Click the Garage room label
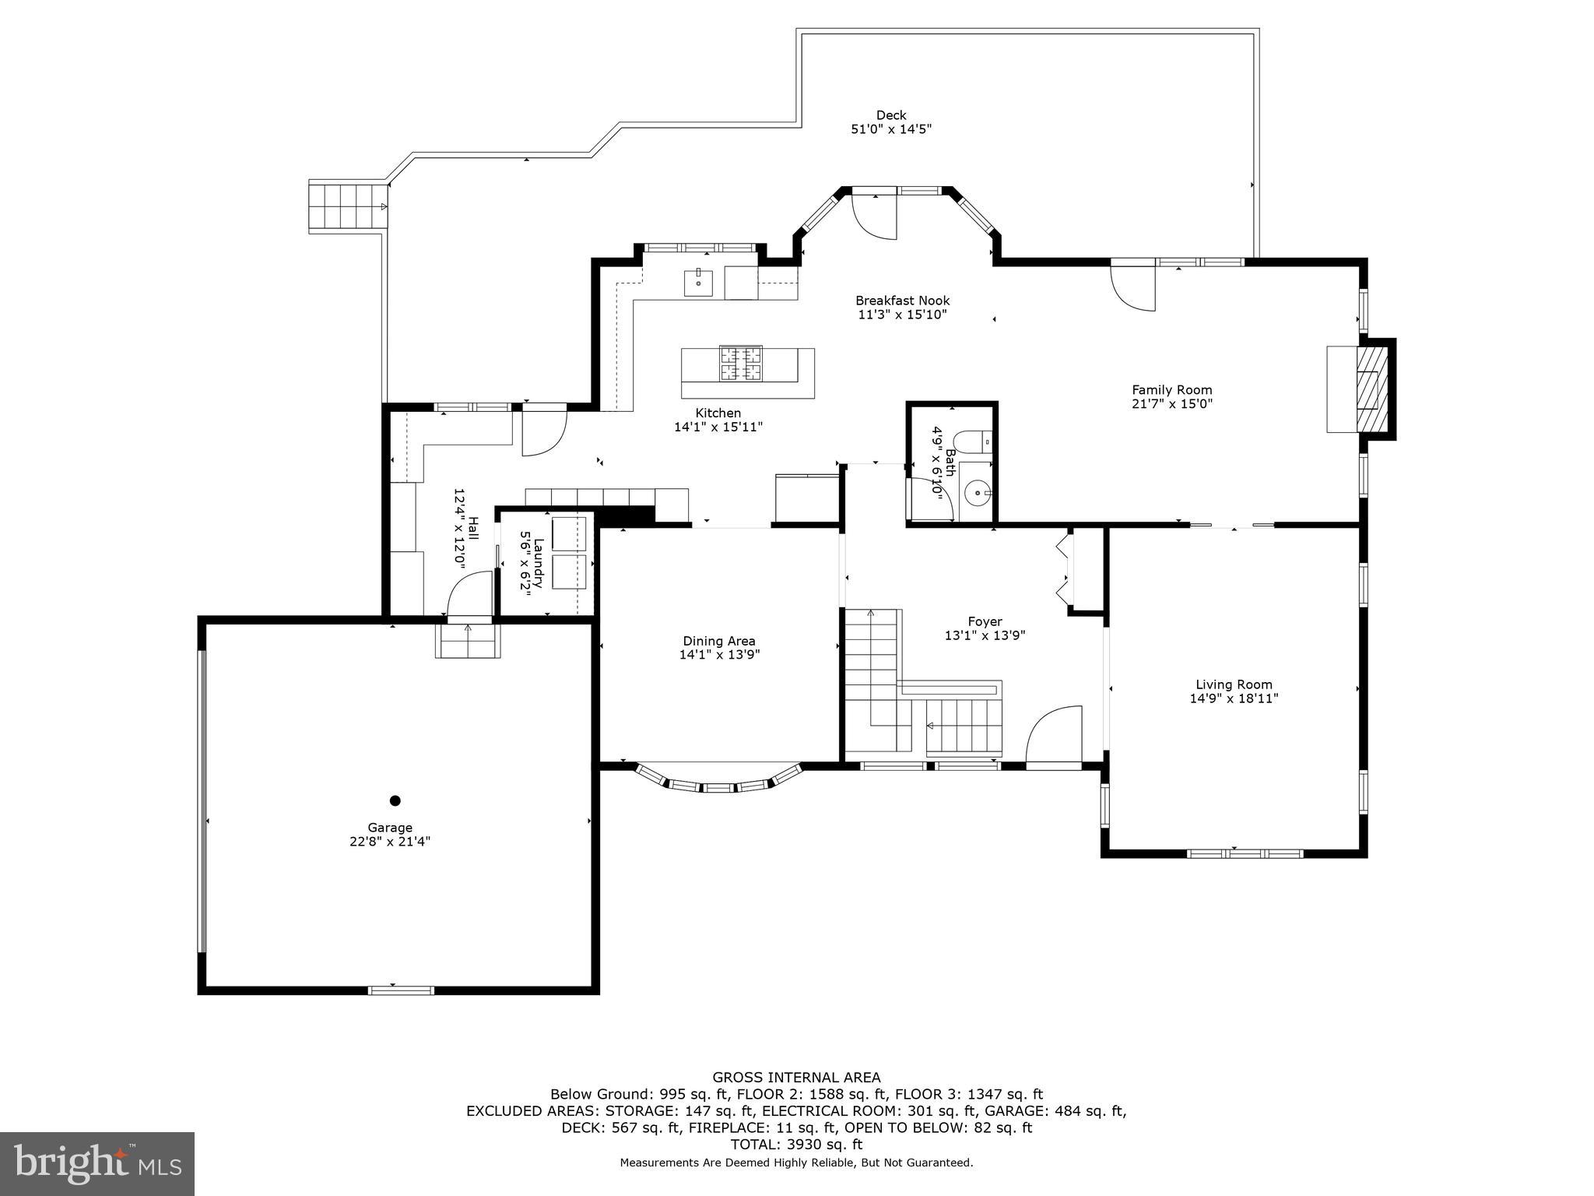point(390,827)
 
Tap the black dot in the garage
point(395,800)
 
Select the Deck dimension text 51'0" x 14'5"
point(891,129)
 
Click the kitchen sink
point(698,283)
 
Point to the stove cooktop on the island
point(740,364)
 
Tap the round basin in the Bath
point(976,493)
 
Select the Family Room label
point(1171,390)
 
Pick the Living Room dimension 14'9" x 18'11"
point(1234,698)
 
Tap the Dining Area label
point(719,641)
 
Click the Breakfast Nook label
point(902,301)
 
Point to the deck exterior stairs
point(347,206)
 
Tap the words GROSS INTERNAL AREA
point(796,1078)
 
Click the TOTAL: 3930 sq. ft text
point(796,1144)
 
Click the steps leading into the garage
point(467,641)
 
